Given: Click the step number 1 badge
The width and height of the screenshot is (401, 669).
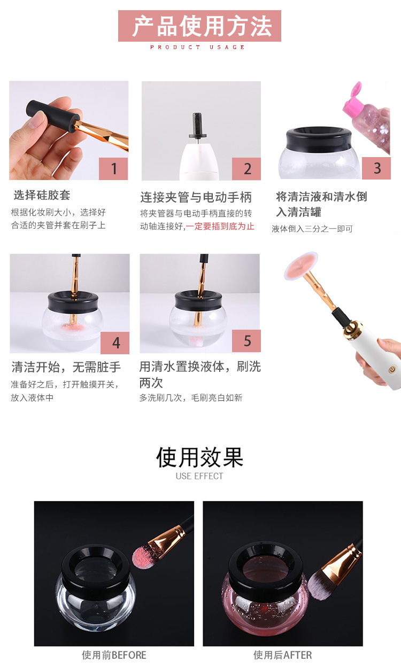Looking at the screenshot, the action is pos(113,169).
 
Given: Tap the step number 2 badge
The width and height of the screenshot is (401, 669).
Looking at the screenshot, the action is pos(246,169).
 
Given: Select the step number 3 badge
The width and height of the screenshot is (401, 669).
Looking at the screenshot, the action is pos(376,168).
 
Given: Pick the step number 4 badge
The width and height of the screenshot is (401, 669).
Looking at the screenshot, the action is pos(115,343).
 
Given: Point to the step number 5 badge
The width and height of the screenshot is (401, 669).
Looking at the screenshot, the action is pos(246,341).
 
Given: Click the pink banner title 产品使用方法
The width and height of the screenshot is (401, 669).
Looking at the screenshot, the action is pos(199,26).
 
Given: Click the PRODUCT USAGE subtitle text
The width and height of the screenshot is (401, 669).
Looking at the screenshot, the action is pos(197,47).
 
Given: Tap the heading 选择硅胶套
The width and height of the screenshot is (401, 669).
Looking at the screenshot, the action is pos(42,195).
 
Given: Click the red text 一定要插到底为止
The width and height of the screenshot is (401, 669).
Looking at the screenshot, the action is pos(220,227).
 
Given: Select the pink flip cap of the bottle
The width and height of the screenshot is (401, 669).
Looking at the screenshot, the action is pos(352,98).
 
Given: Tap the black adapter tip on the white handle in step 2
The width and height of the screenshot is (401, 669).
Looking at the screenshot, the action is pos(197,126).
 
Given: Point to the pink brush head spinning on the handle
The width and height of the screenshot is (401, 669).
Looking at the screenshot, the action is pos(300,266).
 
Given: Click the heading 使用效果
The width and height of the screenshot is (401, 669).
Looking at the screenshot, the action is pos(199,457).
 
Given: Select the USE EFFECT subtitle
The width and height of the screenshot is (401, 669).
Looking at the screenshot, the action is pos(199,476).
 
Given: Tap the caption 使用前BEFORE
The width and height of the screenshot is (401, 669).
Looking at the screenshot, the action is pos(114,655).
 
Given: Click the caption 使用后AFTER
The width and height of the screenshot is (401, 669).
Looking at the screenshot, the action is pos(283,655).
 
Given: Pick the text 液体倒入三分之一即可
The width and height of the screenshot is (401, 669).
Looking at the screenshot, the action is pos(312,229).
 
